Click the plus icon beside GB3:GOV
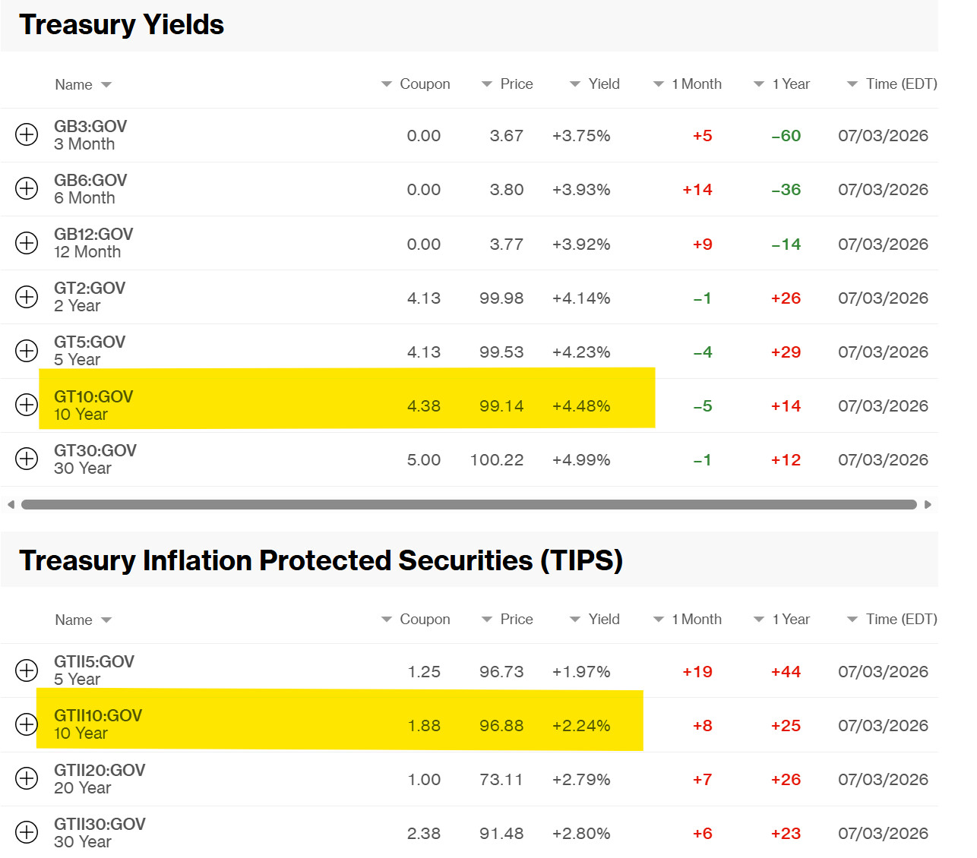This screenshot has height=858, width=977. click(27, 134)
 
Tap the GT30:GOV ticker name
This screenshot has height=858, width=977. click(95, 450)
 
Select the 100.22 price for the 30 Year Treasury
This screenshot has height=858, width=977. click(497, 460)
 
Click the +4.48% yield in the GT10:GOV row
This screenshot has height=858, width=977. click(581, 406)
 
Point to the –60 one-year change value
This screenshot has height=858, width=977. click(786, 135)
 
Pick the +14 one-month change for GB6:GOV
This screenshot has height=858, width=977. click(697, 189)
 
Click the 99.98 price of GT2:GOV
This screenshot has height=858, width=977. click(501, 298)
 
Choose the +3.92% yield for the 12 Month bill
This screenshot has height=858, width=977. click(581, 244)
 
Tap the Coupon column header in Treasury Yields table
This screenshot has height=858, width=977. click(425, 84)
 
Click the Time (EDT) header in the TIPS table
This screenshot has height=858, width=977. click(901, 619)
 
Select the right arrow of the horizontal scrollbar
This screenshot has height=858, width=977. click(928, 505)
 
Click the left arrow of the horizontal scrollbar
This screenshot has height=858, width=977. click(11, 505)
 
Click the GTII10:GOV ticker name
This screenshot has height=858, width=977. click(98, 715)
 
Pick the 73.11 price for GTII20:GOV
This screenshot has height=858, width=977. click(501, 780)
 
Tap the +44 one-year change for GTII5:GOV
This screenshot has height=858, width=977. click(786, 671)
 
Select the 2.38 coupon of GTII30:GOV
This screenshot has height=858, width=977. click(424, 834)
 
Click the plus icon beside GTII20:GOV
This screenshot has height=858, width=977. click(27, 778)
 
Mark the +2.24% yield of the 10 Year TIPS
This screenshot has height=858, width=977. click(581, 725)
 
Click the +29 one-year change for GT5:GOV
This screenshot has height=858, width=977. click(786, 352)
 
